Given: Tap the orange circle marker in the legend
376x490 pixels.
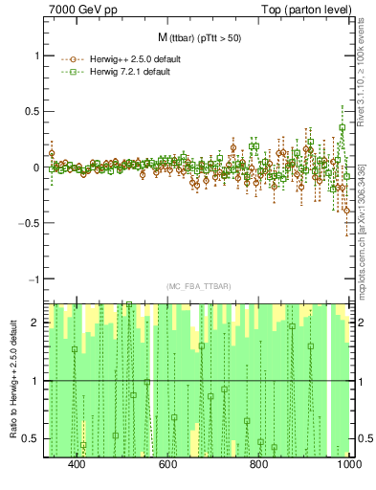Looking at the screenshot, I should point(69,58).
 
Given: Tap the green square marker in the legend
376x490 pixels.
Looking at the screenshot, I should point(69,73).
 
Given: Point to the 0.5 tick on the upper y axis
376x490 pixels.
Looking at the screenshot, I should point(32,111).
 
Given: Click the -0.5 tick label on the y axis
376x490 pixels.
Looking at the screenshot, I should point(30,223).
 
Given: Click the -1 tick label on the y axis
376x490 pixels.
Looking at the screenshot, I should point(33,279).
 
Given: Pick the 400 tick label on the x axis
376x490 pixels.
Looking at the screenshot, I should point(77,464).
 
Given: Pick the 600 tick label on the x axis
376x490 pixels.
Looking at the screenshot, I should point(167,464).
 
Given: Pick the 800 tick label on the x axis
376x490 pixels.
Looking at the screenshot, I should point(258,464).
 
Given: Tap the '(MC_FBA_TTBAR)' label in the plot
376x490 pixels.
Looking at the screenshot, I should point(199,286).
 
